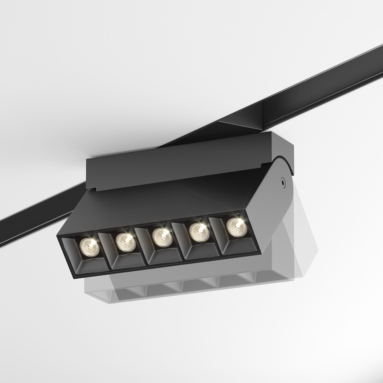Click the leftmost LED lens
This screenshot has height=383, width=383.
(x=90, y=247)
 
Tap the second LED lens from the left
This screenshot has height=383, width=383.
(x=126, y=242)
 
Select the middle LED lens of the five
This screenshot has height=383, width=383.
(x=162, y=237)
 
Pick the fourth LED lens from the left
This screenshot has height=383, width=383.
(x=199, y=232)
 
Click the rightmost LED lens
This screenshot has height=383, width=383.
(x=236, y=227)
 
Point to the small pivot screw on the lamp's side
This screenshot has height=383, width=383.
(x=283, y=183)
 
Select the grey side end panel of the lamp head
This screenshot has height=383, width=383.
(x=272, y=209)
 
